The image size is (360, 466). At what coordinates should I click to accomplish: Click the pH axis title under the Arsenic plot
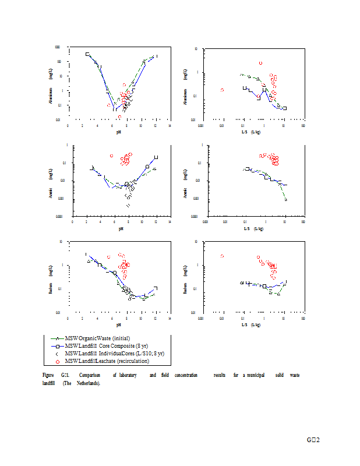[121, 228]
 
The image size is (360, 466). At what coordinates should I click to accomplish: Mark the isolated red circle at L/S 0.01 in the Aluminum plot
[222, 90]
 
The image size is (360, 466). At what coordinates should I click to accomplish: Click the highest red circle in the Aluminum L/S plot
[260, 63]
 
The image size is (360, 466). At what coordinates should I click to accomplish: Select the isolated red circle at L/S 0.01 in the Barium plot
[222, 256]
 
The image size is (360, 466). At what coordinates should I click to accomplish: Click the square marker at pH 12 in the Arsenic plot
[156, 157]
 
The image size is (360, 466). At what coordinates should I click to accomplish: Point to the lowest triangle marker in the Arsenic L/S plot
[286, 200]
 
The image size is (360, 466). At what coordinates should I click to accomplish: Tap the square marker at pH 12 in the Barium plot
[156, 288]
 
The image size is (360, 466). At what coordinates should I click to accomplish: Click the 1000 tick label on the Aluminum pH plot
[58, 47]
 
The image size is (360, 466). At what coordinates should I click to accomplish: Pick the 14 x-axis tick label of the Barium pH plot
[170, 318]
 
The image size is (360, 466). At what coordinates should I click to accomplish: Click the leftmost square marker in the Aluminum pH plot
[87, 54]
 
